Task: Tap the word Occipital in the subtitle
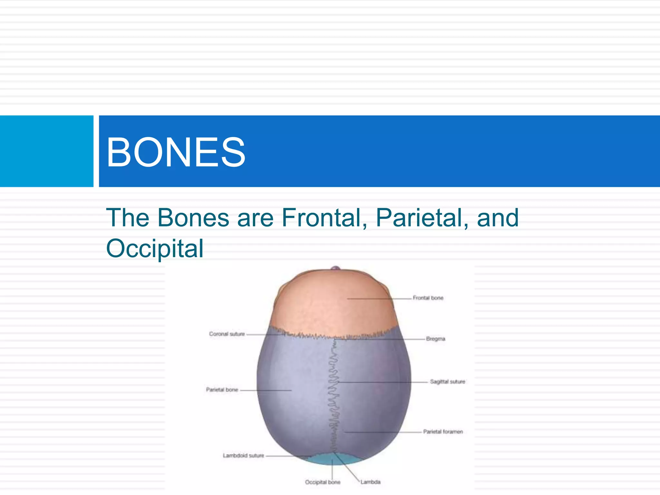155,249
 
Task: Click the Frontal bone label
428,298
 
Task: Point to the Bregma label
435,339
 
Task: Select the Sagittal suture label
447,382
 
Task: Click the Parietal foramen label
443,432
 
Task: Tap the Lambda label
370,482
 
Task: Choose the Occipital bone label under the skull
323,482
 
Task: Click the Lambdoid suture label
243,455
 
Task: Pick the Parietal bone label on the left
222,390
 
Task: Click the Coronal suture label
227,334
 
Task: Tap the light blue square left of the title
46,151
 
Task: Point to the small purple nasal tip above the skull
336,268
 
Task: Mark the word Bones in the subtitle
193,218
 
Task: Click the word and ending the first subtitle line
498,218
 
